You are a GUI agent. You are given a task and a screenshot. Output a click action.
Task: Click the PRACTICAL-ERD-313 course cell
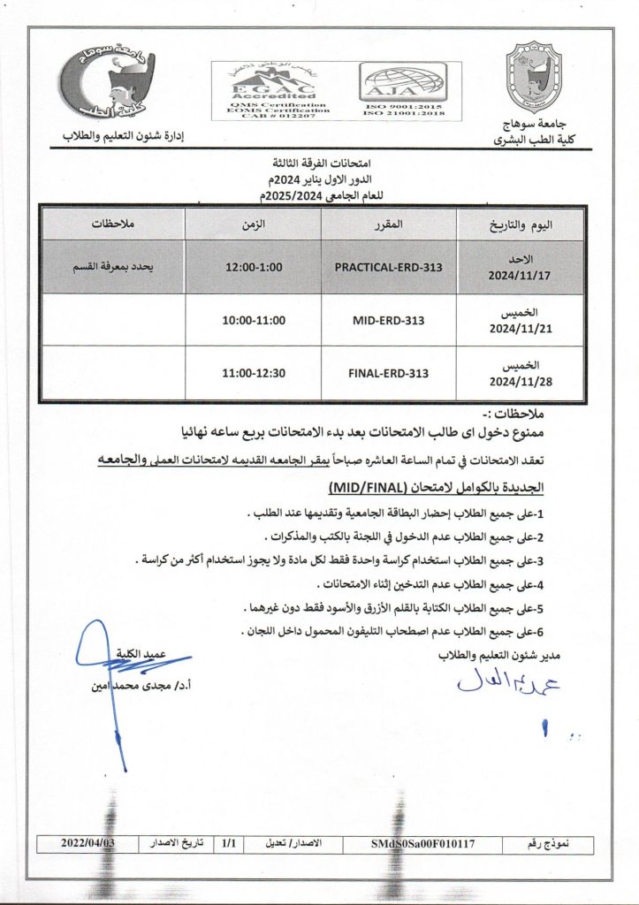(x=389, y=267)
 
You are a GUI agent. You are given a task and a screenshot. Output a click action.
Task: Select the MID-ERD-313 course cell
(x=389, y=320)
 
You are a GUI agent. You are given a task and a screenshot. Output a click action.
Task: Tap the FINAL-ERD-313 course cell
(x=389, y=373)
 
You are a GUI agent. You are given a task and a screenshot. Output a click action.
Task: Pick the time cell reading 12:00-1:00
(x=254, y=267)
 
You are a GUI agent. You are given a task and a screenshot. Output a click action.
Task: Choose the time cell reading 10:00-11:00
(x=254, y=320)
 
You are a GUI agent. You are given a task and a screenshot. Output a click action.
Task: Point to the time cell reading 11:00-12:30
(x=254, y=373)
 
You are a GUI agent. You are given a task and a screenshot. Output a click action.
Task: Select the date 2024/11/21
(x=519, y=328)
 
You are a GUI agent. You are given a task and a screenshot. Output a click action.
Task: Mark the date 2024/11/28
(x=519, y=381)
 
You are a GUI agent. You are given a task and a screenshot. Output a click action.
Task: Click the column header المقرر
(x=389, y=224)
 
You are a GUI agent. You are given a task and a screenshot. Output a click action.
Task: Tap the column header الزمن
(x=254, y=224)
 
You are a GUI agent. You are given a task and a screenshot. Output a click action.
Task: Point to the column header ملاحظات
(x=114, y=224)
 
